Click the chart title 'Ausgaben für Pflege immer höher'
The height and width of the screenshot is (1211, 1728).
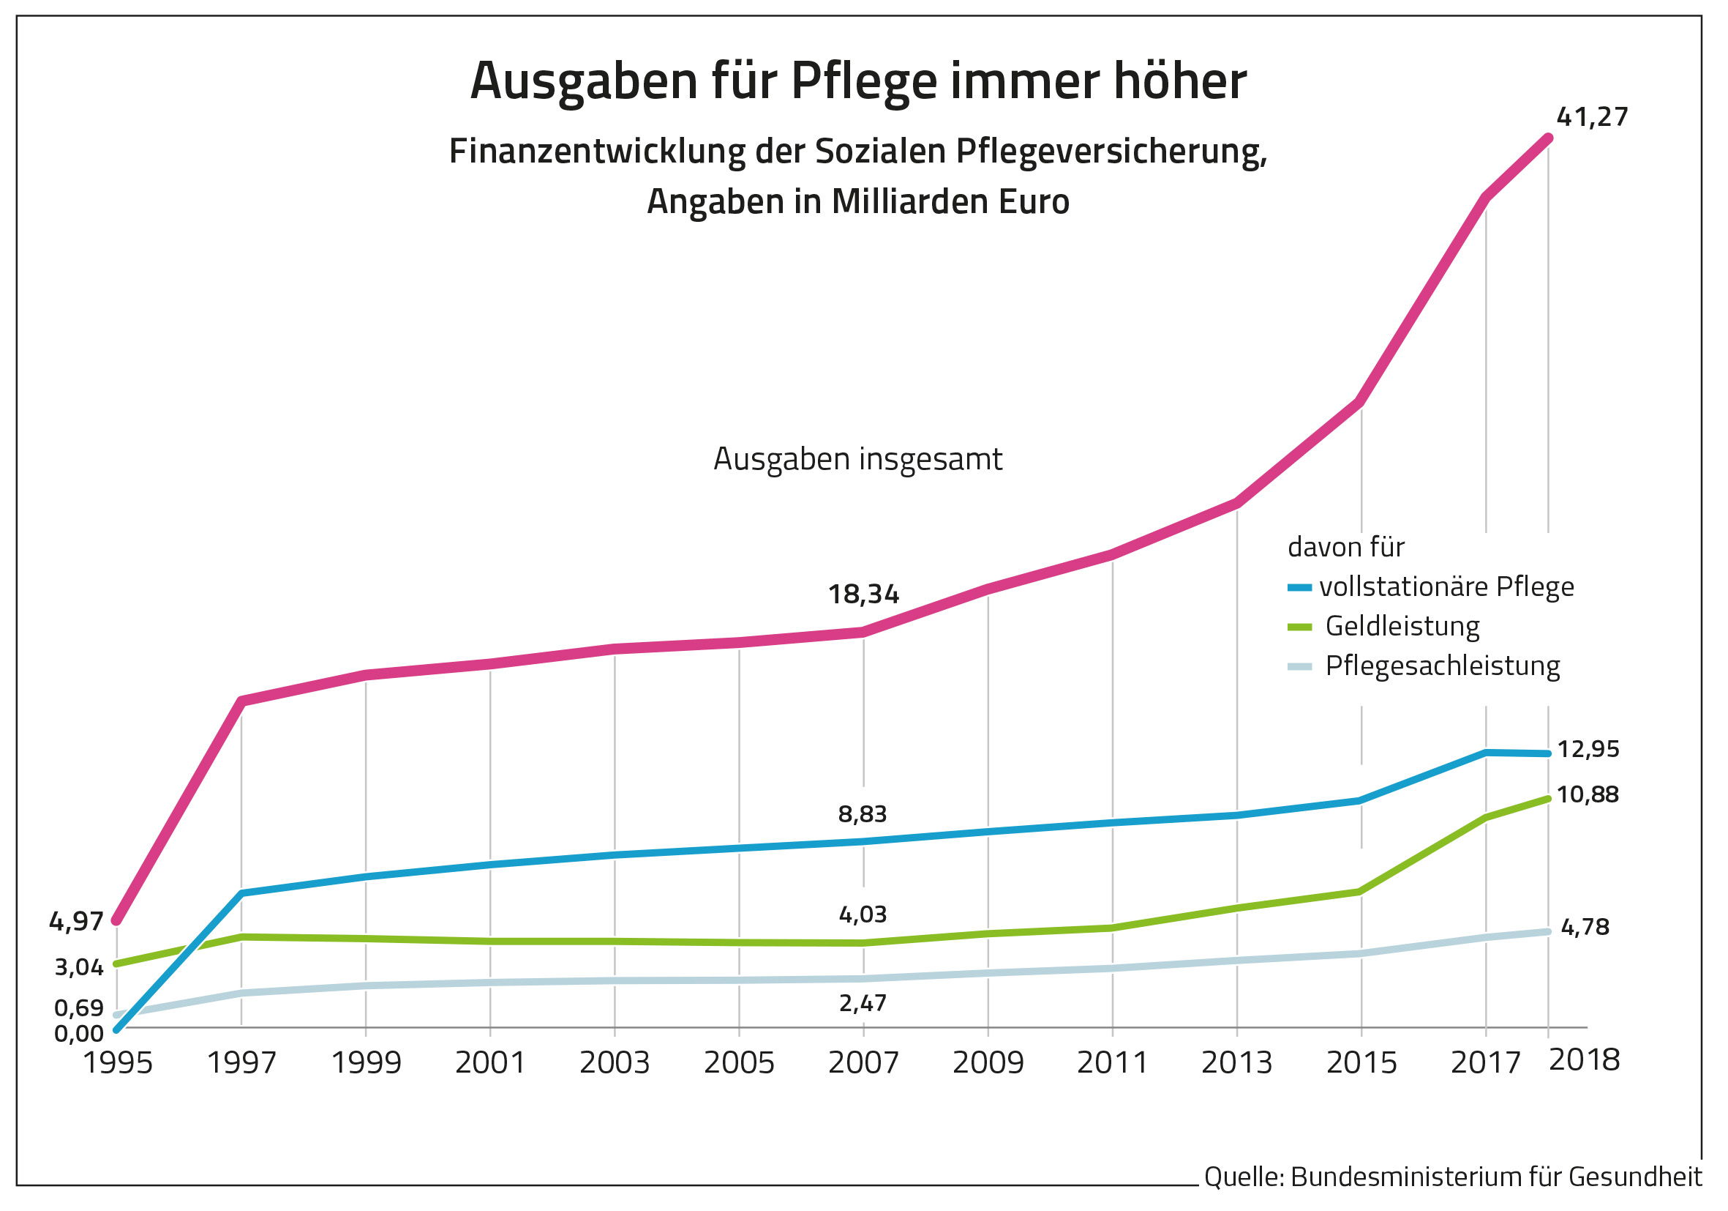(857, 81)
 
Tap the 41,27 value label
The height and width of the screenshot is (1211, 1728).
(1591, 117)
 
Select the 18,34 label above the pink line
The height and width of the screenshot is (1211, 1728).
(863, 595)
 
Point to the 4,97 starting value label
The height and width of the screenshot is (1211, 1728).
(76, 921)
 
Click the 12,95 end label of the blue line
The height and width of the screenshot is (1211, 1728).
(1588, 749)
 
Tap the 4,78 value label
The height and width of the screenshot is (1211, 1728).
(1585, 927)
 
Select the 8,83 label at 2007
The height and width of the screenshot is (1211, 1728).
(863, 814)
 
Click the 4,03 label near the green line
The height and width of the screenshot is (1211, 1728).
(863, 914)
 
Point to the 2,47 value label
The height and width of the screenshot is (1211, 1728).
(863, 1003)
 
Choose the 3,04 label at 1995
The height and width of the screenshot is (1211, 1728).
(78, 967)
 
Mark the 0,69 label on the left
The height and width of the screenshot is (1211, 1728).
(78, 1007)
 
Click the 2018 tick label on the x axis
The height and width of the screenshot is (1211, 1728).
(1583, 1059)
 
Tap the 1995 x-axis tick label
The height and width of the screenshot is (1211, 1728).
(117, 1062)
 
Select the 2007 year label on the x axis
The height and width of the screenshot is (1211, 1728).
(863, 1062)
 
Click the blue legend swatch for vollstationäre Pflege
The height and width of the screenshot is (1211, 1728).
(1299, 587)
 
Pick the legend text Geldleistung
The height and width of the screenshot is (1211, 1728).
(1402, 627)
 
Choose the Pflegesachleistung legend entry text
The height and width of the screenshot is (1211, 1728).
(1442, 666)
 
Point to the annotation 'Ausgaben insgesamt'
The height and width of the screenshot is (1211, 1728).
(857, 459)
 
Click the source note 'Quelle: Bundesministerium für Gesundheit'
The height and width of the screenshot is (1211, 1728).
(1451, 1177)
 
